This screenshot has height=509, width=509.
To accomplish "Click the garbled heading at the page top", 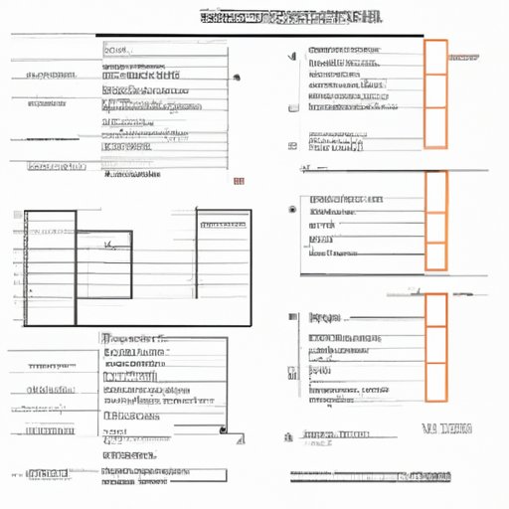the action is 289,17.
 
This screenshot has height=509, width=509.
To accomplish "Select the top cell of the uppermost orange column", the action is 435,54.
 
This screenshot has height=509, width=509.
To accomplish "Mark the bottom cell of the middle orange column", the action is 435,255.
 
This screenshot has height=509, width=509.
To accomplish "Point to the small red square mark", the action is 239,181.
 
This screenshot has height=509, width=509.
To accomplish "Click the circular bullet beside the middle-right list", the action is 291,210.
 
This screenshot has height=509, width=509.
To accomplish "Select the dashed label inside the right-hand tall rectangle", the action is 221,225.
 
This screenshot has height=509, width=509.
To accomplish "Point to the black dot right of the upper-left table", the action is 235,77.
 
